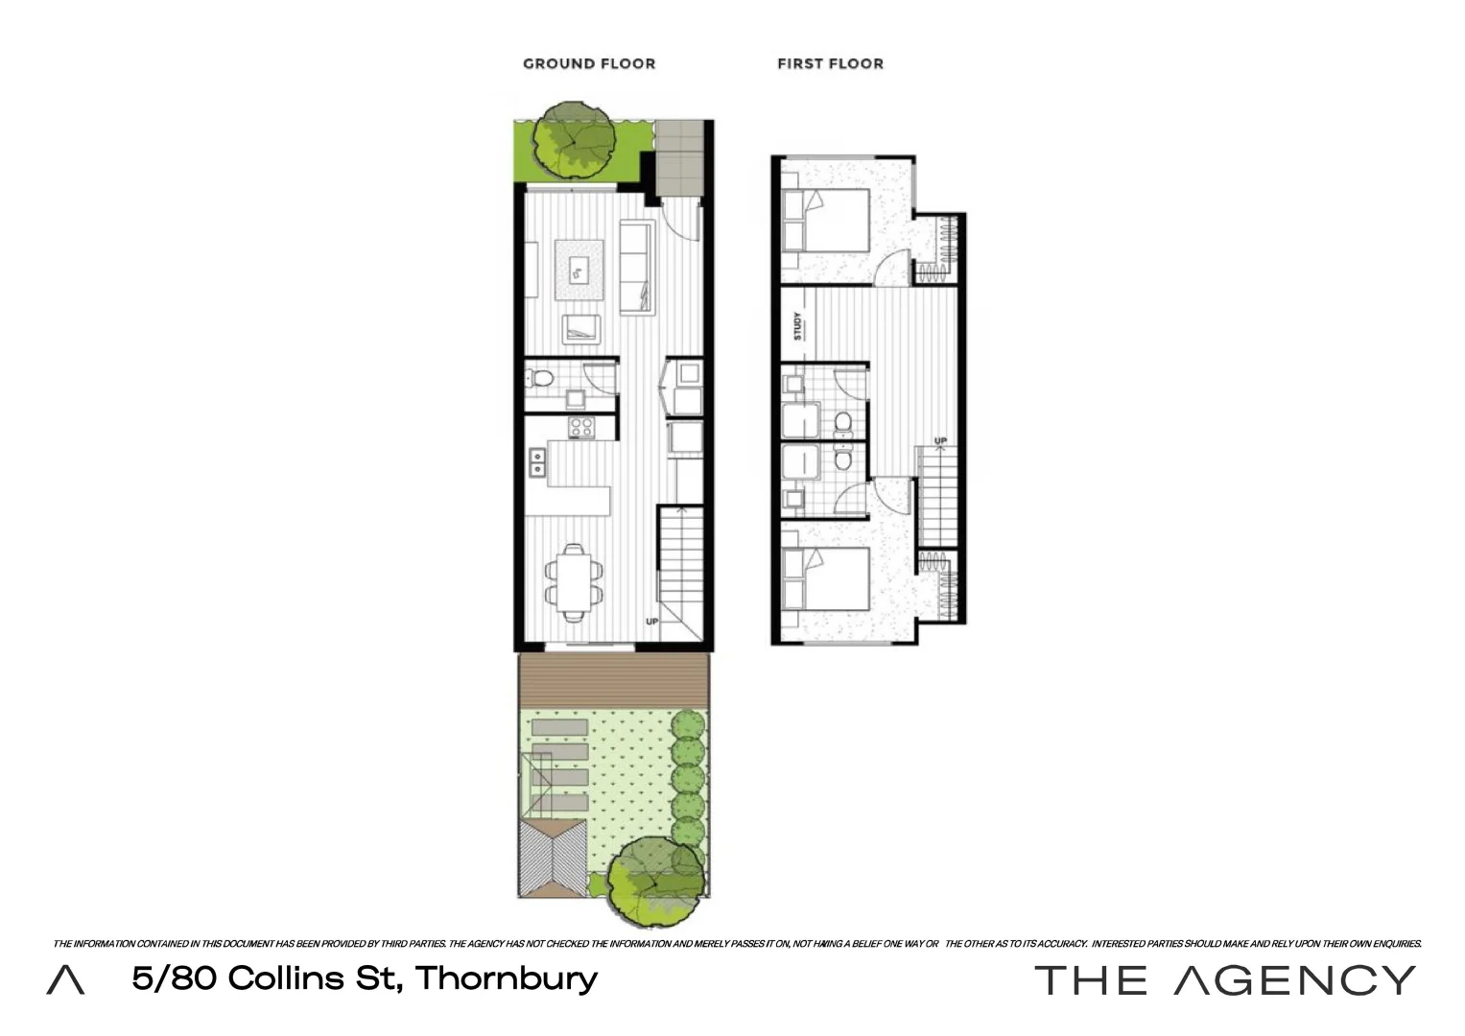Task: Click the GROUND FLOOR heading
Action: pos(589,64)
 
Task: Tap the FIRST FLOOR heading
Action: pos(830,64)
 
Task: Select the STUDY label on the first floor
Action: pos(797,326)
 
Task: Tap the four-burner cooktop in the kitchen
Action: pos(581,427)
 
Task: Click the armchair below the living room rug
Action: pos(581,329)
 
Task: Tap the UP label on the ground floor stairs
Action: pos(652,622)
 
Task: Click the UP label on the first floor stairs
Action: pos(940,441)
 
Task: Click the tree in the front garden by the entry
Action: pos(575,139)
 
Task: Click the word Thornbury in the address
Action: pos(506,978)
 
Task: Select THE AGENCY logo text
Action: pos(1224,979)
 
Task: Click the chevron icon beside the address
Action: pos(65,980)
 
